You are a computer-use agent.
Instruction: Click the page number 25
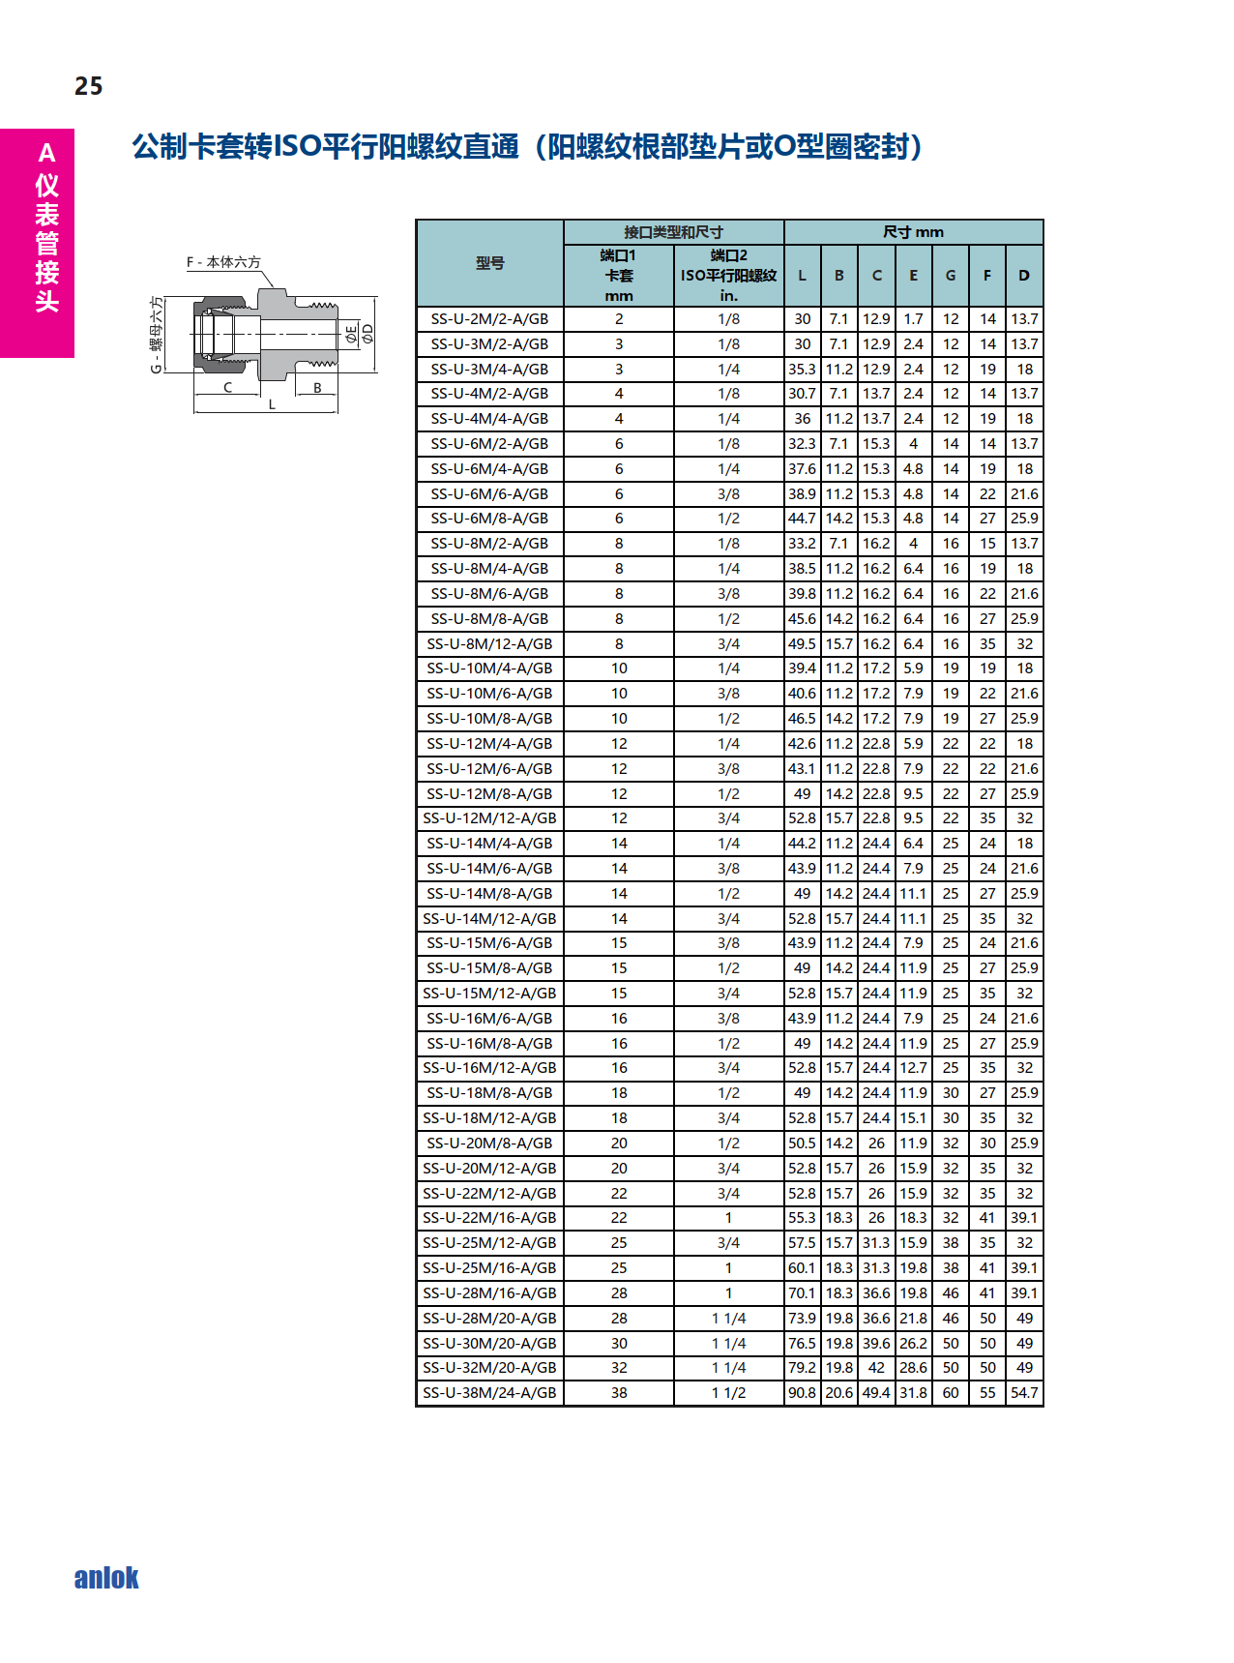(x=88, y=86)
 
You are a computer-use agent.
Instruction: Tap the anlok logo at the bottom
(x=106, y=1578)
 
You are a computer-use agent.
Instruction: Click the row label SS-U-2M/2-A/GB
(x=489, y=319)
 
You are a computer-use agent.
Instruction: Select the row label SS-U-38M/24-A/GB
(x=489, y=1393)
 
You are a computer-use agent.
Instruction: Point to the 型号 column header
(x=489, y=263)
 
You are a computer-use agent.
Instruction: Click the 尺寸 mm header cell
(x=913, y=232)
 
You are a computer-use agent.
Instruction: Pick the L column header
(x=802, y=276)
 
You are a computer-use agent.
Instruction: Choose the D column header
(x=1023, y=276)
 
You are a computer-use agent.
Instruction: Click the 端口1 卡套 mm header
(x=618, y=276)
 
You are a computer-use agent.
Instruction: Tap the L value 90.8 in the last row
(x=802, y=1393)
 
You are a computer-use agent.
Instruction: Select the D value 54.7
(x=1024, y=1393)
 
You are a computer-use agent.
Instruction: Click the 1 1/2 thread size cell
(x=728, y=1393)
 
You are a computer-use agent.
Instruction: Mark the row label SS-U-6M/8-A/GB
(x=489, y=519)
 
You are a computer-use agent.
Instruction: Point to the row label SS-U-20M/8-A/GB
(x=489, y=1143)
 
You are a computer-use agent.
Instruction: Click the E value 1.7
(x=913, y=319)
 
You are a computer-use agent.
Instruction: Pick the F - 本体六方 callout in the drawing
(x=223, y=262)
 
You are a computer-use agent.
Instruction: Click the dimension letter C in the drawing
(x=227, y=388)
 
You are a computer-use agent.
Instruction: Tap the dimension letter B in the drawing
(x=317, y=388)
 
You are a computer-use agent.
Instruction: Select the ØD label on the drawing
(x=367, y=335)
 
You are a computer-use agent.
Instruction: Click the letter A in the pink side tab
(x=46, y=154)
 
